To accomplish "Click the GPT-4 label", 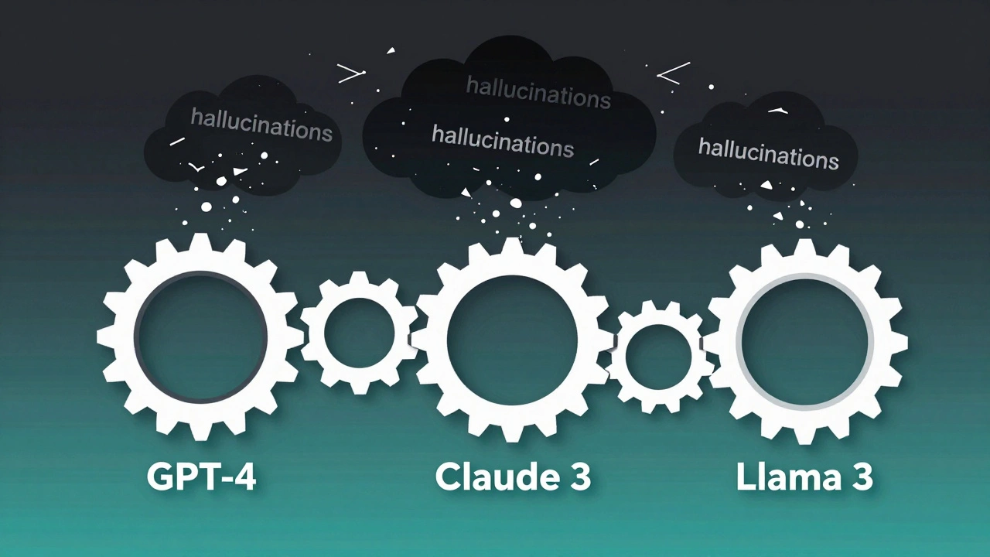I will click(x=201, y=477).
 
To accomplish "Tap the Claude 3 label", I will click(x=513, y=477).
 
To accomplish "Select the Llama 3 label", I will click(x=804, y=477).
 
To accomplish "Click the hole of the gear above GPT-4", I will click(x=201, y=337).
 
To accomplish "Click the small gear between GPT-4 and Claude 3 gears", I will click(x=359, y=333).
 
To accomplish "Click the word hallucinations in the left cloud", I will click(x=261, y=125).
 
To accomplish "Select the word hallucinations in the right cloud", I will click(x=768, y=152).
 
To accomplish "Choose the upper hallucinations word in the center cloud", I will click(x=538, y=92).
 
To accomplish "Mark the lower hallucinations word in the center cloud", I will click(x=503, y=141).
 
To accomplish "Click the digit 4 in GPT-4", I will click(x=243, y=477).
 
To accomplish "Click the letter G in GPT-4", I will click(x=159, y=477).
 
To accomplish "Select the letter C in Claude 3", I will click(x=449, y=477).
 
